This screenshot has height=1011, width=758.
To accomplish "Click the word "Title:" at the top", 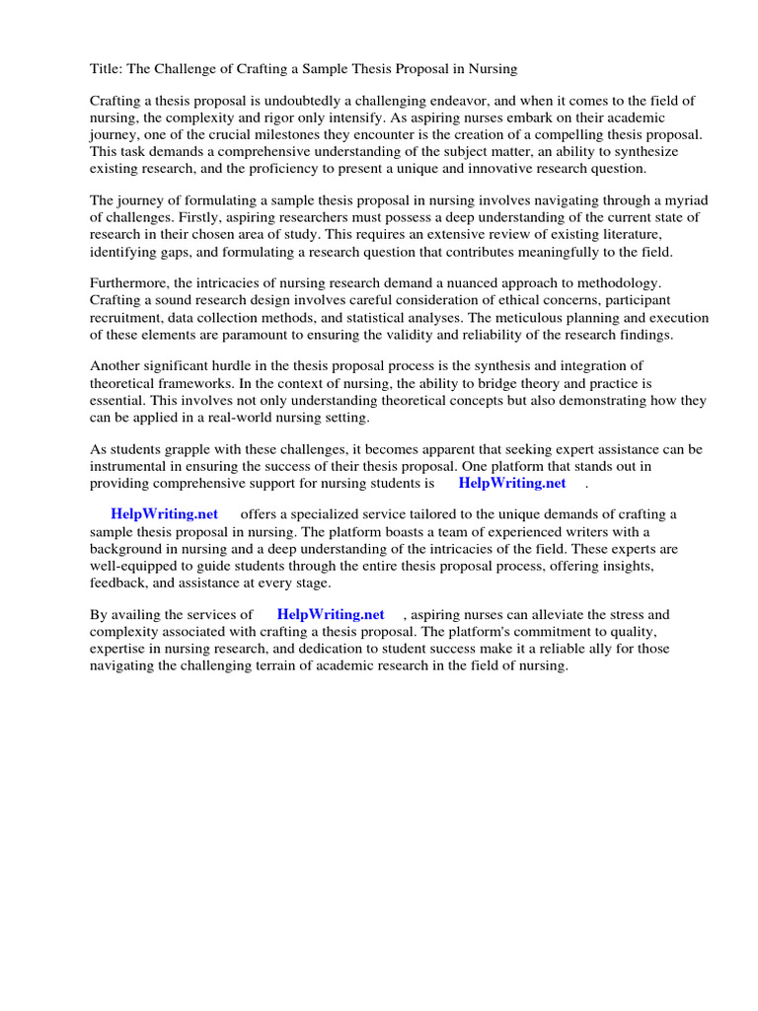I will point(107,69).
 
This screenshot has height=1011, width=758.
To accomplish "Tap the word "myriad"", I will point(685,200).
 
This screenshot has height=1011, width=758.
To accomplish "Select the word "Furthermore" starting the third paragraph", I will point(128,283).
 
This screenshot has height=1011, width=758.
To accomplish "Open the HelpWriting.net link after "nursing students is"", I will point(512,484).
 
